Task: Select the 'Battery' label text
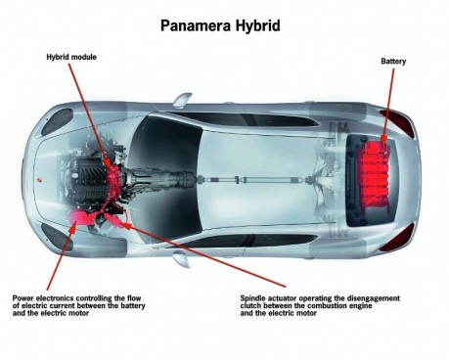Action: pos(394,61)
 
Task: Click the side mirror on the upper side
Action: pos(182,99)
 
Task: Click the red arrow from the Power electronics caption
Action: pos(59,254)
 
